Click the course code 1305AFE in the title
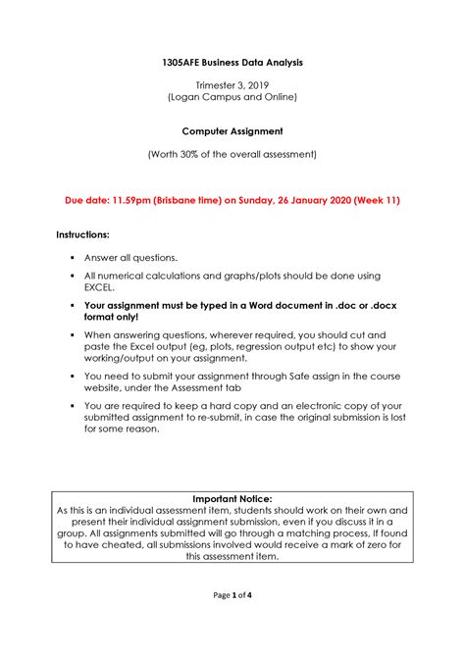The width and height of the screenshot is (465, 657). coord(182,63)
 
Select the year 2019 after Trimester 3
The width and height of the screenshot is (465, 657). coord(261,85)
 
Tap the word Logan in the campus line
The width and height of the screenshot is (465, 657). coord(188,98)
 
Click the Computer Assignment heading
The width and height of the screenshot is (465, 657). coord(232,129)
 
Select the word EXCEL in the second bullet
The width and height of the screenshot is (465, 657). coord(99,289)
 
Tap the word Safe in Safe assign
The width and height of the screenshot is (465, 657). coord(297,376)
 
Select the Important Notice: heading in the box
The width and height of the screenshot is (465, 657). coord(232,498)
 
